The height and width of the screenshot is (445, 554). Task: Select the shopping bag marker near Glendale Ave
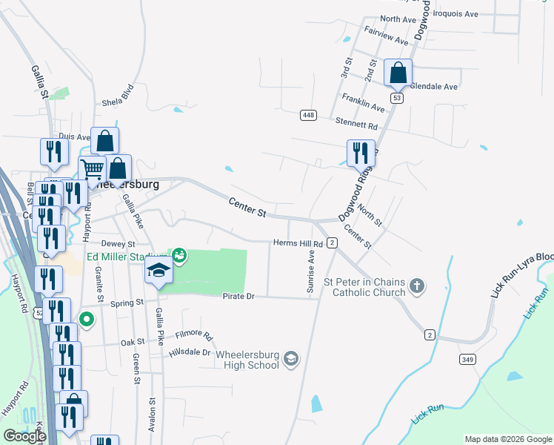tap(398, 73)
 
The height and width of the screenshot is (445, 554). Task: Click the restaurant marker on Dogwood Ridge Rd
tap(361, 154)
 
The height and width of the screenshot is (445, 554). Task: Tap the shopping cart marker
tap(93, 169)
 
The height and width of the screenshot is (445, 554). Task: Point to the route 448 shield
tap(309, 115)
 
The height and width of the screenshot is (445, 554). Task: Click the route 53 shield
tap(398, 98)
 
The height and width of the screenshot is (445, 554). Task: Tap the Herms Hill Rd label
tap(298, 243)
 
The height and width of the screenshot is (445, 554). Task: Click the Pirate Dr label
tap(238, 296)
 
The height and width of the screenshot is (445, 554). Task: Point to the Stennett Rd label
tap(356, 127)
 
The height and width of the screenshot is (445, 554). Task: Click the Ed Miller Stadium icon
tap(178, 257)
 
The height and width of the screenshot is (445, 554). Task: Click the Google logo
tap(24, 436)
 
